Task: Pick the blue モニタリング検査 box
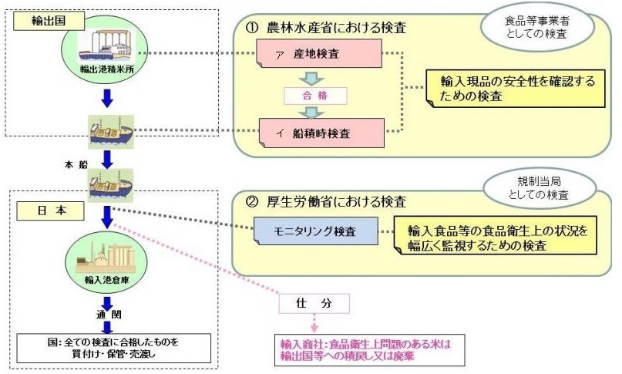pos(315,230)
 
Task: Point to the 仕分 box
pos(314,303)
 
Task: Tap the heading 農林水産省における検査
pos(331,29)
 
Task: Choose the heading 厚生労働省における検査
pos(331,203)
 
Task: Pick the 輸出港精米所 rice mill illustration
pos(106,46)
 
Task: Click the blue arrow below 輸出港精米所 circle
pos(106,98)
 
